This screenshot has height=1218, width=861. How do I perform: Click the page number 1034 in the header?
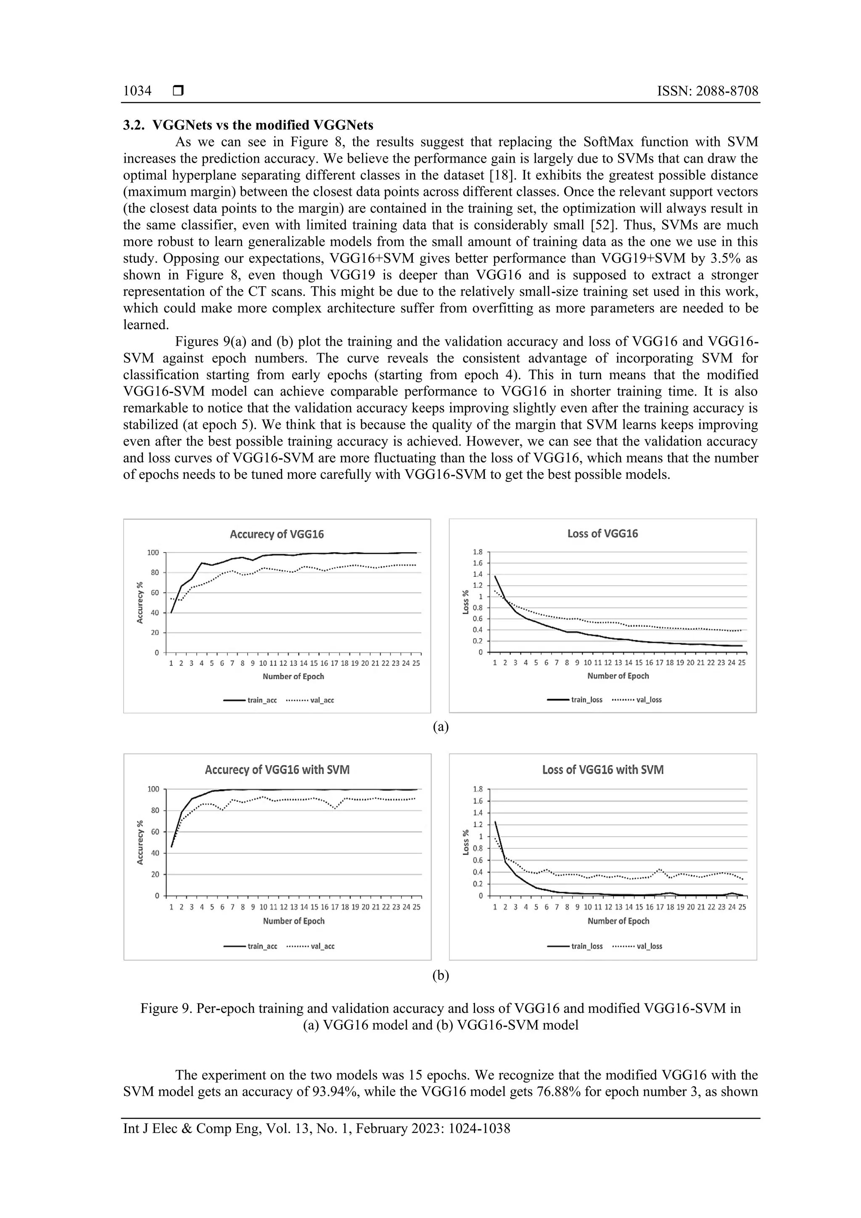click(137, 91)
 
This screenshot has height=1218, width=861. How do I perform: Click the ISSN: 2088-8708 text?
click(707, 91)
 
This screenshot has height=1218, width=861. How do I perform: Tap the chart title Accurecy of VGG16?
click(276, 534)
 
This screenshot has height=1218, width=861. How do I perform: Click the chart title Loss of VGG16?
click(602, 534)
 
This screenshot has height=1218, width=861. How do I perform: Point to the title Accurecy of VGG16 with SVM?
click(277, 770)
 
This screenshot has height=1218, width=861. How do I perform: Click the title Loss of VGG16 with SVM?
click(602, 770)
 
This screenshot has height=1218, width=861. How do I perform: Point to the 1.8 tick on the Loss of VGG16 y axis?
click(478, 552)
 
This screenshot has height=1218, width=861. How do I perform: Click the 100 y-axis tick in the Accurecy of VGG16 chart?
click(153, 553)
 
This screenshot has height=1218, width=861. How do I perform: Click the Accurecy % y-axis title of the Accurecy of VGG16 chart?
click(140, 602)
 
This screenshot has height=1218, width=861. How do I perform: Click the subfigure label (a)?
click(440, 727)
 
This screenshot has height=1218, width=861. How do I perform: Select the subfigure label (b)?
click(440, 975)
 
